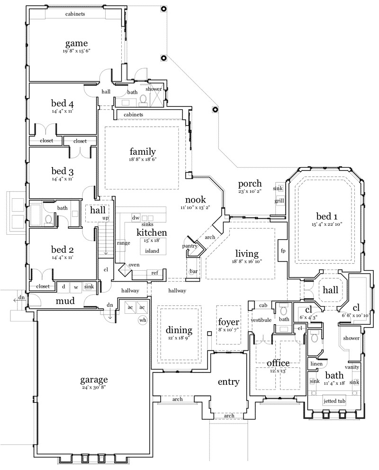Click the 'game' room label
pyautogui.click(x=77, y=44)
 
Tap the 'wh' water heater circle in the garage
pyautogui.click(x=143, y=320)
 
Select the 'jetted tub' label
pyautogui.click(x=334, y=401)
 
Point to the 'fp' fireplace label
pyautogui.click(x=283, y=251)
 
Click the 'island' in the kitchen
pyautogui.click(x=152, y=251)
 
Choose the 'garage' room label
pyautogui.click(x=94, y=380)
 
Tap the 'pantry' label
pyautogui.click(x=189, y=246)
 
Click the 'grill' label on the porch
pyautogui.click(x=280, y=201)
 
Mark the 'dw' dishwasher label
pyautogui.click(x=135, y=218)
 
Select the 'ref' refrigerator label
pyautogui.click(x=154, y=273)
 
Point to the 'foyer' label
pyautogui.click(x=229, y=322)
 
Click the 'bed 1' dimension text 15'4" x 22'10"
pyautogui.click(x=327, y=224)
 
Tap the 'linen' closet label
pyautogui.click(x=316, y=364)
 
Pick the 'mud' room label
pyautogui.click(x=65, y=301)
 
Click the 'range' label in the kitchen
pyautogui.click(x=123, y=243)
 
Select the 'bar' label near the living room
pyautogui.click(x=194, y=272)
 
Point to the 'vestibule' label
pyautogui.click(x=261, y=320)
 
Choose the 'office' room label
pyautogui.click(x=278, y=363)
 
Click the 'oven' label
pyautogui.click(x=134, y=265)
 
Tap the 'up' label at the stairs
pyautogui.click(x=106, y=218)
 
